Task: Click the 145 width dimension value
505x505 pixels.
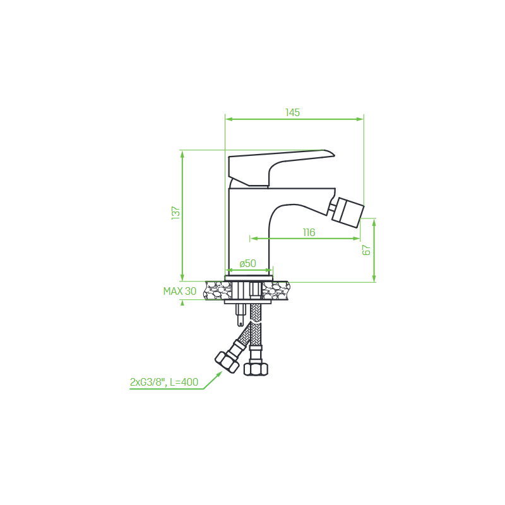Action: click(x=292, y=112)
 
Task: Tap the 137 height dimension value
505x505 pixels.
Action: click(x=176, y=213)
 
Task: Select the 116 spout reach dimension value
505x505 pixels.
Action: click(x=309, y=232)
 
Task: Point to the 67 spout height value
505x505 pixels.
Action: click(x=367, y=250)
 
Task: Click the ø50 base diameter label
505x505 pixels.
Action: click(x=247, y=263)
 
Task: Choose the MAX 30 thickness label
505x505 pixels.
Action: click(x=180, y=291)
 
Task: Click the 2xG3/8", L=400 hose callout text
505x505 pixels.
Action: click(x=164, y=382)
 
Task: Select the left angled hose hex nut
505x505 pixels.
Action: click(x=227, y=362)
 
